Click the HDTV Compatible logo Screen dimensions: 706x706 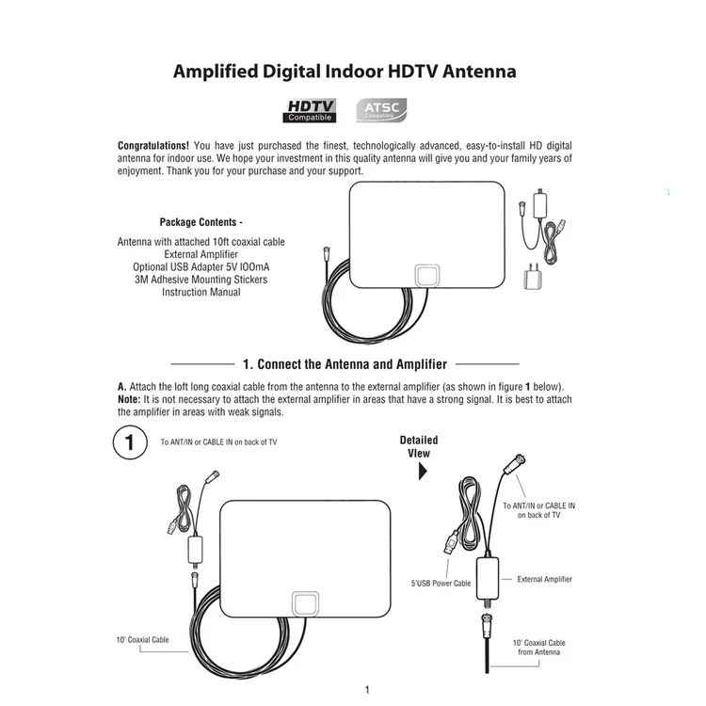[x=310, y=111]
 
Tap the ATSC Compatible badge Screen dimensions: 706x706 [x=381, y=110]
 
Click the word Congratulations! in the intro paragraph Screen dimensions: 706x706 [x=153, y=146]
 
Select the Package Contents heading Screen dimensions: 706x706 [x=201, y=222]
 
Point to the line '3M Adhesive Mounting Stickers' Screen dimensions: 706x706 [x=201, y=280]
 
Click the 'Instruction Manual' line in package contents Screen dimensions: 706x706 [x=201, y=292]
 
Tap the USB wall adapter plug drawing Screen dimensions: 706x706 [x=533, y=276]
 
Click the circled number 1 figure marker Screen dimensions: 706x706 [x=130, y=442]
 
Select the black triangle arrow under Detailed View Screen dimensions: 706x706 [x=423, y=471]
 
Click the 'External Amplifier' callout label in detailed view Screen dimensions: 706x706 [x=544, y=580]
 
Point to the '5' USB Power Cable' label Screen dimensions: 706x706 [x=441, y=584]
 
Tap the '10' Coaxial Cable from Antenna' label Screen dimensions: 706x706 [x=538, y=648]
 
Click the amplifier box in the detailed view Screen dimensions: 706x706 [x=488, y=579]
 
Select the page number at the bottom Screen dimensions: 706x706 [x=367, y=690]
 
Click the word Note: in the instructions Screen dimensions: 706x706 [x=129, y=399]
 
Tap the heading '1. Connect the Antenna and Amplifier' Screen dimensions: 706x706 [x=345, y=364]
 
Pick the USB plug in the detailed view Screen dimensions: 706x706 [x=451, y=542]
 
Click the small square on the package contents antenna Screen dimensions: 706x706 [x=426, y=276]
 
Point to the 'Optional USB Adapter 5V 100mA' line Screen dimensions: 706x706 [x=201, y=267]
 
